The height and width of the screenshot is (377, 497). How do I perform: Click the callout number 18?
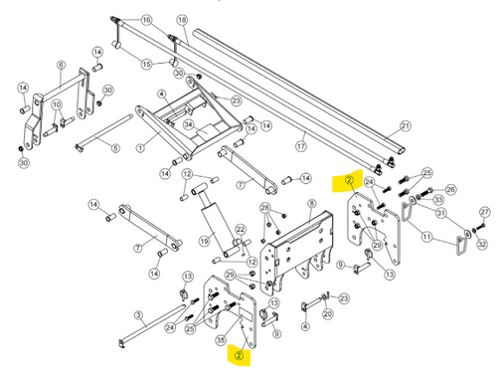point(182,20)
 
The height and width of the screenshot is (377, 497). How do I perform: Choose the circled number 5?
point(115,149)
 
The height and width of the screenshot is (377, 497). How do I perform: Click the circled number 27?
point(485,212)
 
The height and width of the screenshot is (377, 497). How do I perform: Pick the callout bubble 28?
point(265,207)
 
